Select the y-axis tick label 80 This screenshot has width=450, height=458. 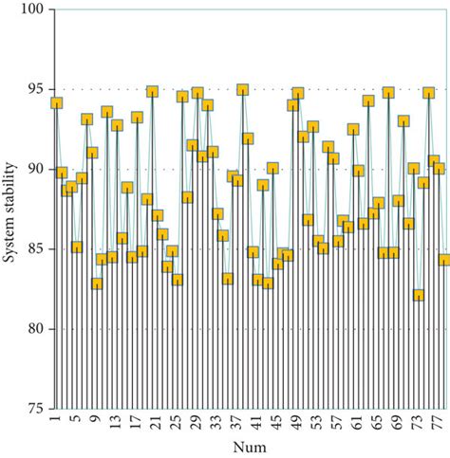(37, 329)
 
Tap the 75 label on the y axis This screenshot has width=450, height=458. (37, 410)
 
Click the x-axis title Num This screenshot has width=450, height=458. (252, 445)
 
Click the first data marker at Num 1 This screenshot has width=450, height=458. (56, 103)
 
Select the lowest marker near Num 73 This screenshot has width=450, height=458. (419, 295)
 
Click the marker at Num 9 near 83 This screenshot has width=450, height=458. (97, 284)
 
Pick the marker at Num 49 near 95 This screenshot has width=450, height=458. (298, 94)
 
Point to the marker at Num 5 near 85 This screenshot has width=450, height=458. (77, 247)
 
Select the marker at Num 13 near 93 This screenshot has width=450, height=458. (117, 125)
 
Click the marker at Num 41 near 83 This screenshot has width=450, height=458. (258, 281)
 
